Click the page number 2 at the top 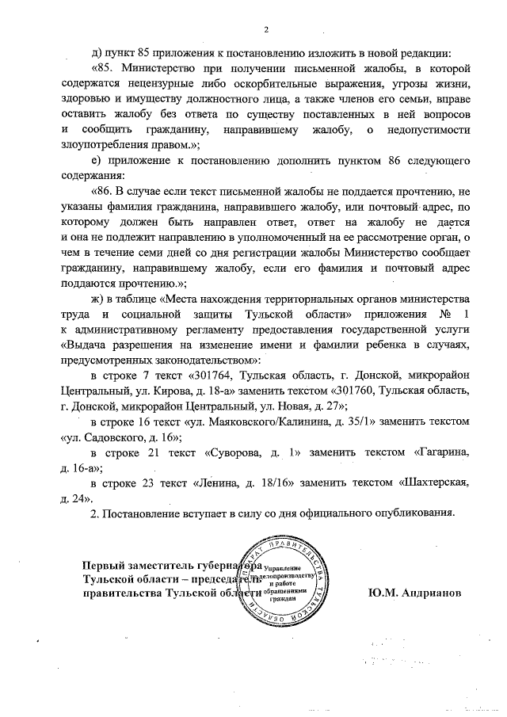[266, 30]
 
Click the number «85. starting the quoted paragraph [104, 69]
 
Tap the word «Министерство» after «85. [166, 69]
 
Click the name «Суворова [234, 451]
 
